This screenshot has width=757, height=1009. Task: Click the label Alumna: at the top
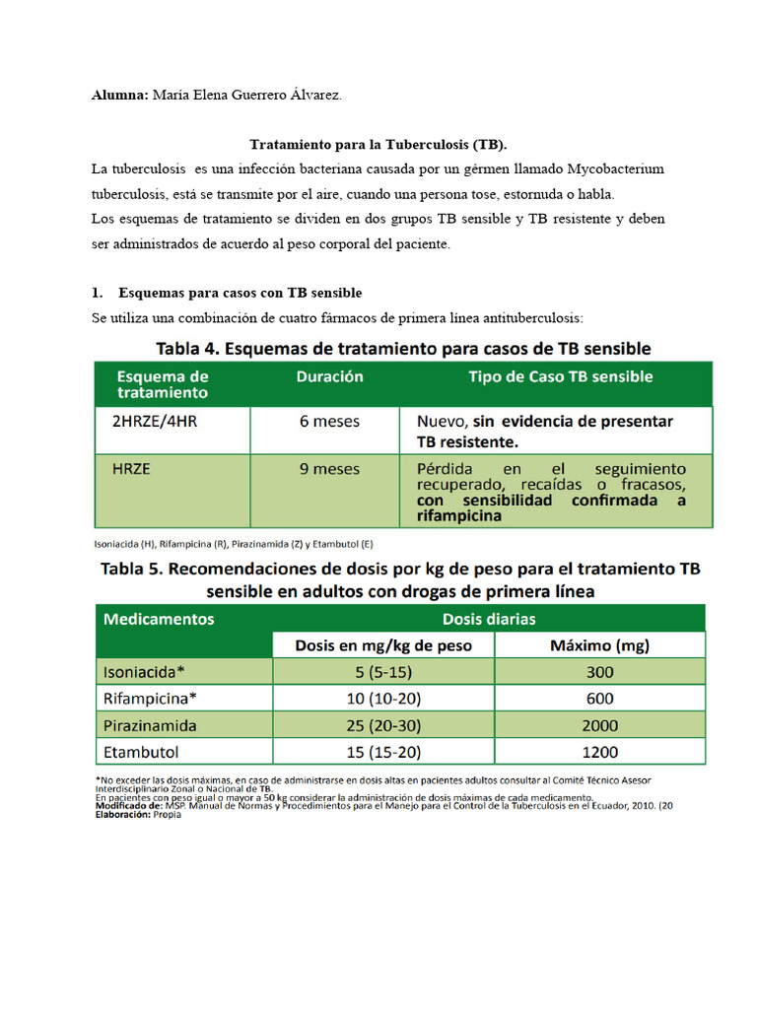coord(119,96)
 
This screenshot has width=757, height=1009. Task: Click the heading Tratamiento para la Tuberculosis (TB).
coord(378,145)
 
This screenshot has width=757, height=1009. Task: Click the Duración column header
coord(330,376)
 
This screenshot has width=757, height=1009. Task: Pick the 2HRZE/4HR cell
coord(155,421)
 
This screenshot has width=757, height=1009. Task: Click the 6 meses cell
coord(330,421)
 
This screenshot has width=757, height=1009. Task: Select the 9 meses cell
coord(330,469)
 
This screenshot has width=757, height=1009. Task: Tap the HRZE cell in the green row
coord(131,469)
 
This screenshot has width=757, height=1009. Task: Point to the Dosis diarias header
coord(489,620)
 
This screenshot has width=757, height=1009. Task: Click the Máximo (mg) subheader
coord(599,646)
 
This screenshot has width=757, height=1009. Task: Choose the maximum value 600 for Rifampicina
coord(599,699)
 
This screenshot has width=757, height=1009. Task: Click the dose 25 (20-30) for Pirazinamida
coord(383,725)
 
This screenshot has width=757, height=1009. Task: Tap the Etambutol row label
coord(141,752)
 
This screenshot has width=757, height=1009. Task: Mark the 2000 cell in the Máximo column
coord(599,725)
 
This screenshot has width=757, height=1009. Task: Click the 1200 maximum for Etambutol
coord(599,752)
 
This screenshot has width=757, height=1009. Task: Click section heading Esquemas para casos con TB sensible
coord(240,293)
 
